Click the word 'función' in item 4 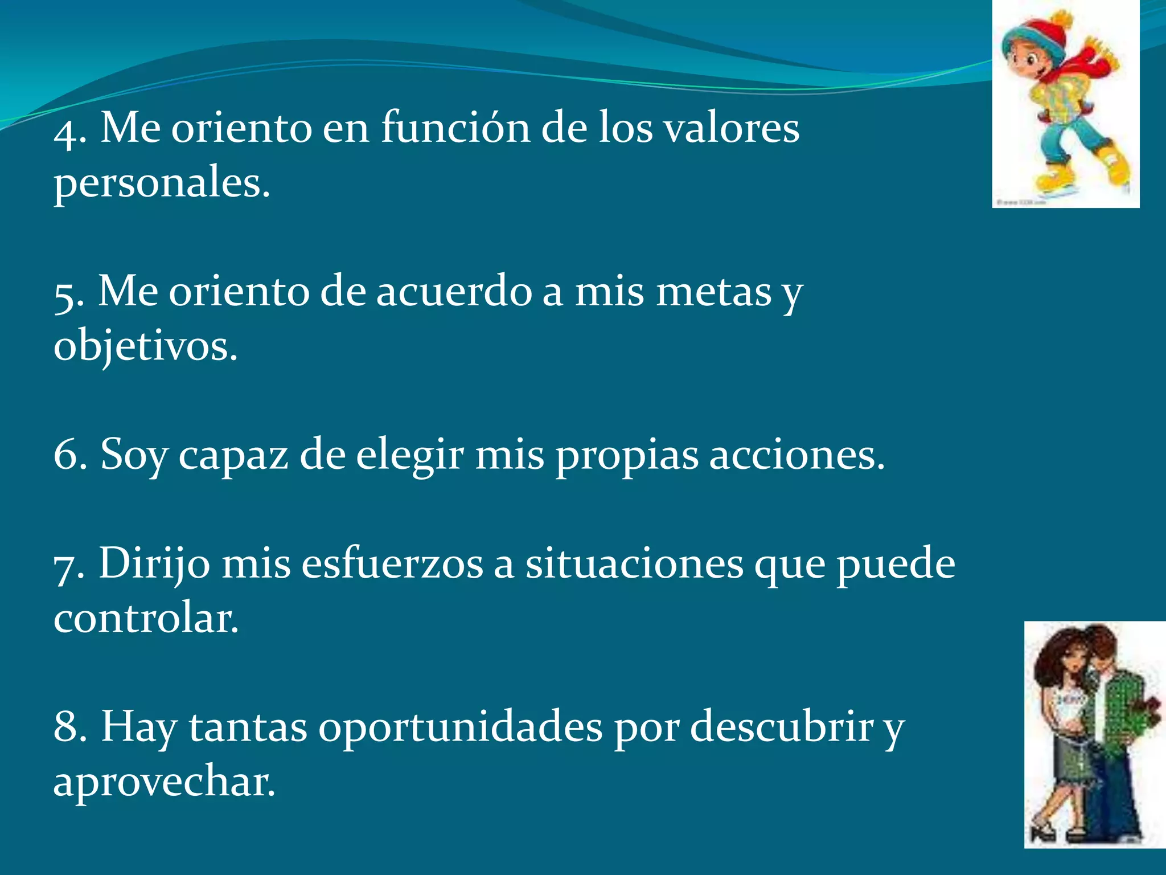point(455,128)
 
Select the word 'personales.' point(162,183)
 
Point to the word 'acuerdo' point(453,292)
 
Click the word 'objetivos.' point(146,346)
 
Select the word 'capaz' point(233,456)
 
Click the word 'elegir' point(410,456)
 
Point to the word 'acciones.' point(797,456)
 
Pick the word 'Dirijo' point(154,564)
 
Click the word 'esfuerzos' point(392,564)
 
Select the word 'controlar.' point(146,618)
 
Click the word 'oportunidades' point(460,727)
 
